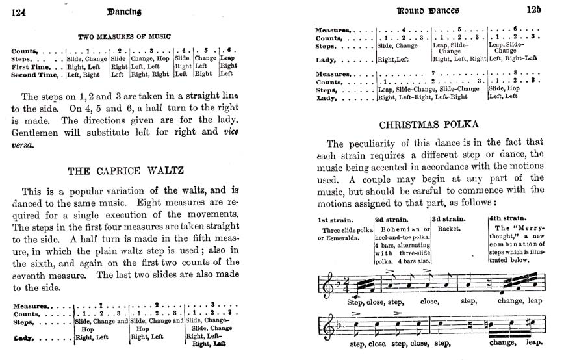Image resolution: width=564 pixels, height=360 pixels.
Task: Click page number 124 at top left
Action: click(18, 11)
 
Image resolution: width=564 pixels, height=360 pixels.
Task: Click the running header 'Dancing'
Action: click(120, 11)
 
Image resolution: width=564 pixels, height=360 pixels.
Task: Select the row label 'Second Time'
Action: click(35, 74)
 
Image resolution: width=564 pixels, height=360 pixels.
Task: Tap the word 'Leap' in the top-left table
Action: click(228, 57)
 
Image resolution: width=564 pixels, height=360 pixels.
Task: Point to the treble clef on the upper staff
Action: click(323, 283)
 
